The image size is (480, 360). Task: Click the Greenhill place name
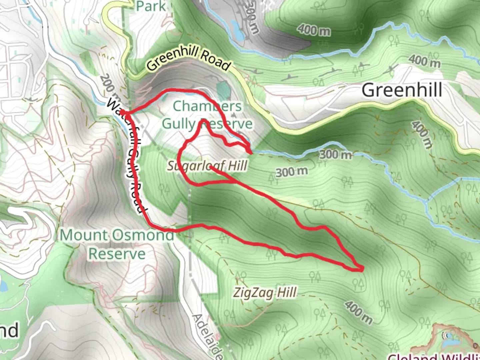(402, 90)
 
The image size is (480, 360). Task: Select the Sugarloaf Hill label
(207, 166)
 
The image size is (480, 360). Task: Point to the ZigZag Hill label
(265, 293)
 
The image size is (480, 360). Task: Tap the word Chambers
(207, 106)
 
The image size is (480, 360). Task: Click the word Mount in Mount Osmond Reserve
(83, 235)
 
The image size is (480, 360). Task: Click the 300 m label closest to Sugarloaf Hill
(292, 172)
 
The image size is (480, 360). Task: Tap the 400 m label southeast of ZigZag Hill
(358, 312)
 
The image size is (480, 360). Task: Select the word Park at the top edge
(151, 6)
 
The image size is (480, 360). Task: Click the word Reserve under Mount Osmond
(117, 254)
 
